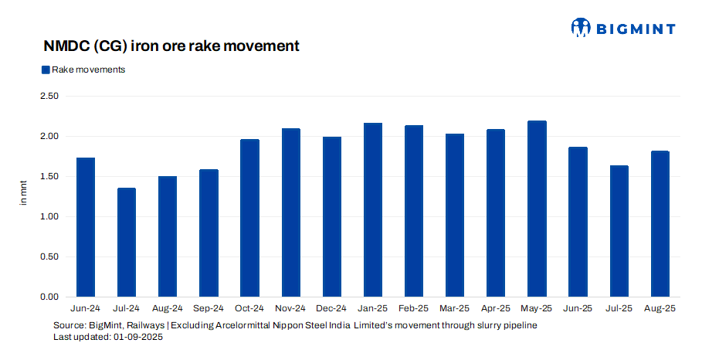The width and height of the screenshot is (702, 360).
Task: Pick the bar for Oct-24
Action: [x=249, y=218]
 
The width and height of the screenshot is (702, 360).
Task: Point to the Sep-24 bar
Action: [x=209, y=233]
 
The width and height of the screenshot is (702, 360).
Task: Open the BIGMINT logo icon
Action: [x=581, y=28]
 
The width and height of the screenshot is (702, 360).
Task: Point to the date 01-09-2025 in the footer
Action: [x=138, y=338]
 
